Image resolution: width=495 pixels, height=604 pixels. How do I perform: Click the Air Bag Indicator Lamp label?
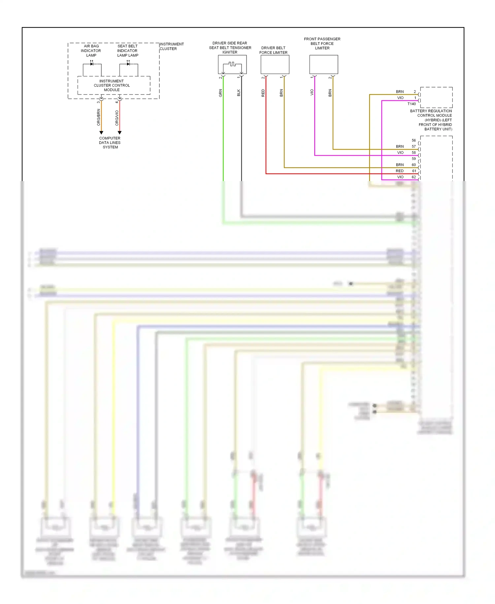point(91,51)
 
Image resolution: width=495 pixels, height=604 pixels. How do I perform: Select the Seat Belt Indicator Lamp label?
point(127,51)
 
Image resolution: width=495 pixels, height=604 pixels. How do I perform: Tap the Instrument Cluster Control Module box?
point(112,85)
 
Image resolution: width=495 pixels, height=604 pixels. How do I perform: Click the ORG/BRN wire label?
point(98,117)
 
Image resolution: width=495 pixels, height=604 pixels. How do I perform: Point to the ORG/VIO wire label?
point(117,118)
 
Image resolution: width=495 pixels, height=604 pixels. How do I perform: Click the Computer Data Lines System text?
point(110,143)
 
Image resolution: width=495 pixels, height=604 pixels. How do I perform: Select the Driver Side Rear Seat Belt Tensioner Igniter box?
point(232,64)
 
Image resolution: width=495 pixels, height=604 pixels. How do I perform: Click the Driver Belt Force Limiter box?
point(275,64)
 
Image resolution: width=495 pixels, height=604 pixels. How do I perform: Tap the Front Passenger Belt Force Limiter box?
point(323,64)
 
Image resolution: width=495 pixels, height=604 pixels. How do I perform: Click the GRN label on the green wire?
point(220,93)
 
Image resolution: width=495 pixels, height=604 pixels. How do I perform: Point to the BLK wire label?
point(239,93)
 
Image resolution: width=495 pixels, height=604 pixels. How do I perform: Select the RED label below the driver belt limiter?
point(263,93)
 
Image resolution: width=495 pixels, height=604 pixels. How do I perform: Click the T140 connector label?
point(412,104)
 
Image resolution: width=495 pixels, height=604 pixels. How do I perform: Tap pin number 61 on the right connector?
point(414,171)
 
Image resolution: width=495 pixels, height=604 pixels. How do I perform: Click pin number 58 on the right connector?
point(414,153)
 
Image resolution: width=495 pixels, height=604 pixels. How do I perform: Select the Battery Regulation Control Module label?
point(431,120)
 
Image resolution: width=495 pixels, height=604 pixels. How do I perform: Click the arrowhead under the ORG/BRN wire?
point(101,132)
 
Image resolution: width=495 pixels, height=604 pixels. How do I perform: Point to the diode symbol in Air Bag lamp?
point(92,64)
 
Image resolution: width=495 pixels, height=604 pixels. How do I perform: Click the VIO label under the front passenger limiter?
point(312,93)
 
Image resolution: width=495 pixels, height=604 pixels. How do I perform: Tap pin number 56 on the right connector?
point(414,140)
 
